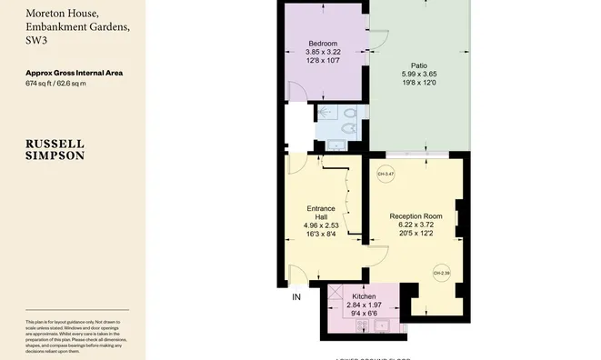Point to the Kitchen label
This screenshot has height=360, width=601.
click(x=365, y=297)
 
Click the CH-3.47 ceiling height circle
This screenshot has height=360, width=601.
click(x=384, y=174)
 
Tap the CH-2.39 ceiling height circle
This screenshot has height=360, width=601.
click(x=440, y=272)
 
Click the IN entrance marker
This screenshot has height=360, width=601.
click(x=295, y=296)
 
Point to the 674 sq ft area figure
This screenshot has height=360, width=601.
click(x=39, y=83)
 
